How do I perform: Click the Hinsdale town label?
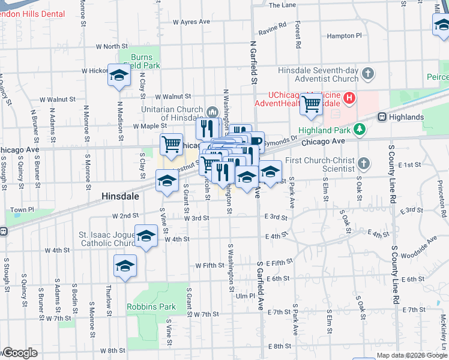[121, 196]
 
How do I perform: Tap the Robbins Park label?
[151, 307]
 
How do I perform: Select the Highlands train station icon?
[381, 117]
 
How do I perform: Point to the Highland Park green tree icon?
[359, 128]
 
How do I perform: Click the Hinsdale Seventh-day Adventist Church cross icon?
[368, 74]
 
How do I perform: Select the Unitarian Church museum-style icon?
[212, 112]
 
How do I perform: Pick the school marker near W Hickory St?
[119, 76]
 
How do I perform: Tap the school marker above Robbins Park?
[125, 266]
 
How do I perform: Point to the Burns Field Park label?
[141, 61]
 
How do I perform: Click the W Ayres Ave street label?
[191, 22]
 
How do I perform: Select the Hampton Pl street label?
[345, 36]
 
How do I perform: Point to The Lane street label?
[282, 5]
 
